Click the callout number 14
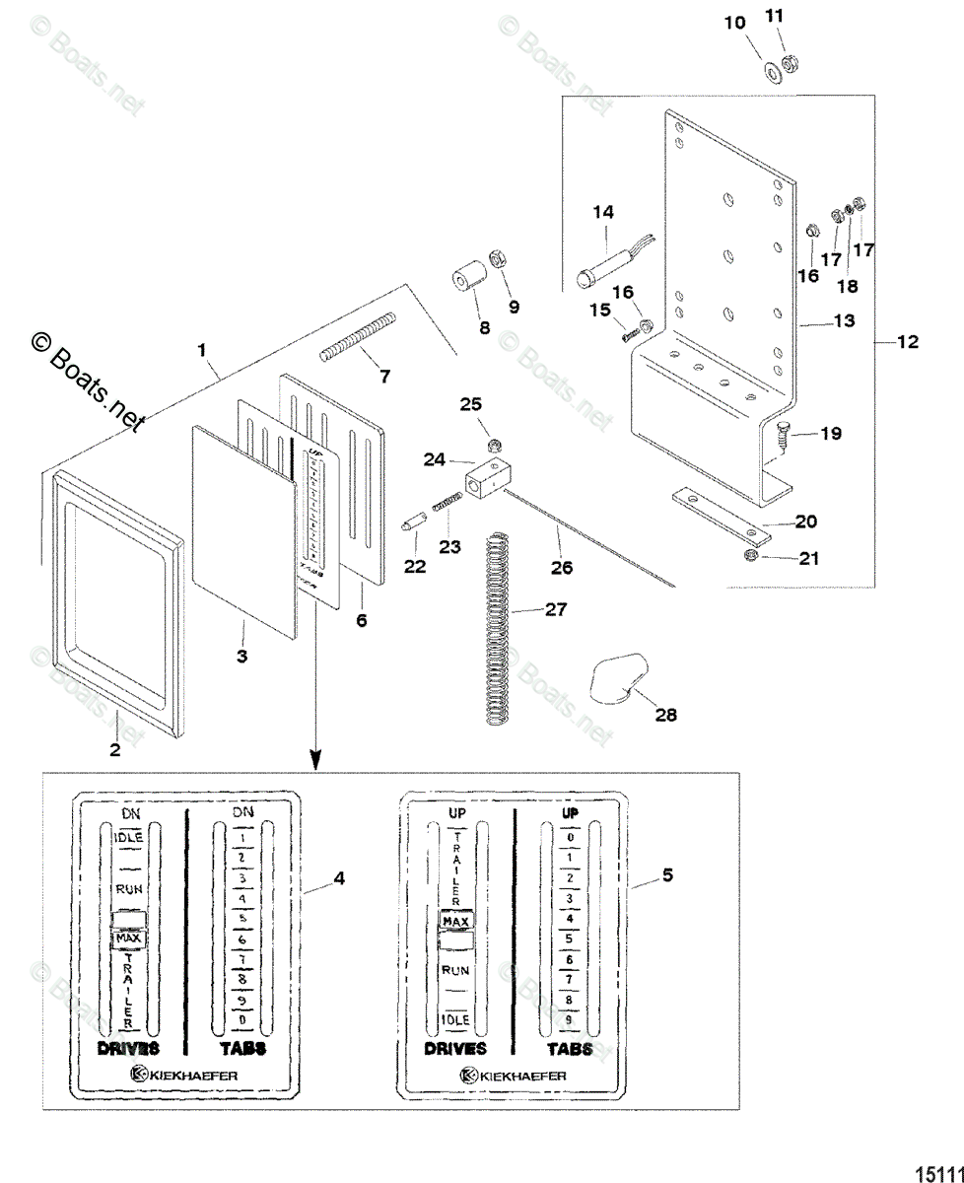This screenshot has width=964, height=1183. pyautogui.click(x=602, y=212)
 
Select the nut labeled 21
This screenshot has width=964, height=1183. pyautogui.click(x=750, y=558)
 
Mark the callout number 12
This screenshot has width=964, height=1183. pyautogui.click(x=908, y=342)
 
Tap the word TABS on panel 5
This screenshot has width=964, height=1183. pyautogui.click(x=571, y=1048)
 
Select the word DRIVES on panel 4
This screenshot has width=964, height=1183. pyautogui.click(x=128, y=1048)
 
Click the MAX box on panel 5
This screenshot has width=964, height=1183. pyautogui.click(x=455, y=921)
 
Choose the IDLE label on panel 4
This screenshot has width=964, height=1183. pyautogui.click(x=129, y=837)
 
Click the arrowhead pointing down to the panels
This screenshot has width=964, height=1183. pyautogui.click(x=315, y=760)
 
